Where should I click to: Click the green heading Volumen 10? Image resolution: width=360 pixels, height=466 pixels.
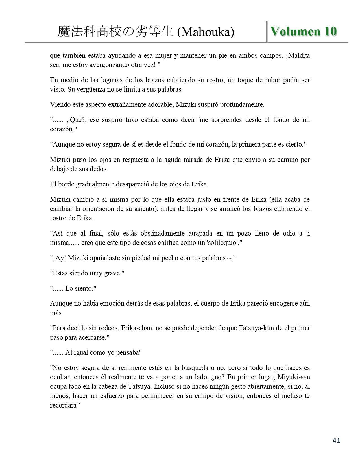click(x=304, y=32)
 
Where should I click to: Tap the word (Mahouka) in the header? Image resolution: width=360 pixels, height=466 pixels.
click(x=206, y=32)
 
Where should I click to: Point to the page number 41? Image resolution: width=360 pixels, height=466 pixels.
click(x=337, y=440)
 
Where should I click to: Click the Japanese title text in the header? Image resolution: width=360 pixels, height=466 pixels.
click(x=115, y=32)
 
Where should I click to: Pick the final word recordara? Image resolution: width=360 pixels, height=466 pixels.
click(x=63, y=405)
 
